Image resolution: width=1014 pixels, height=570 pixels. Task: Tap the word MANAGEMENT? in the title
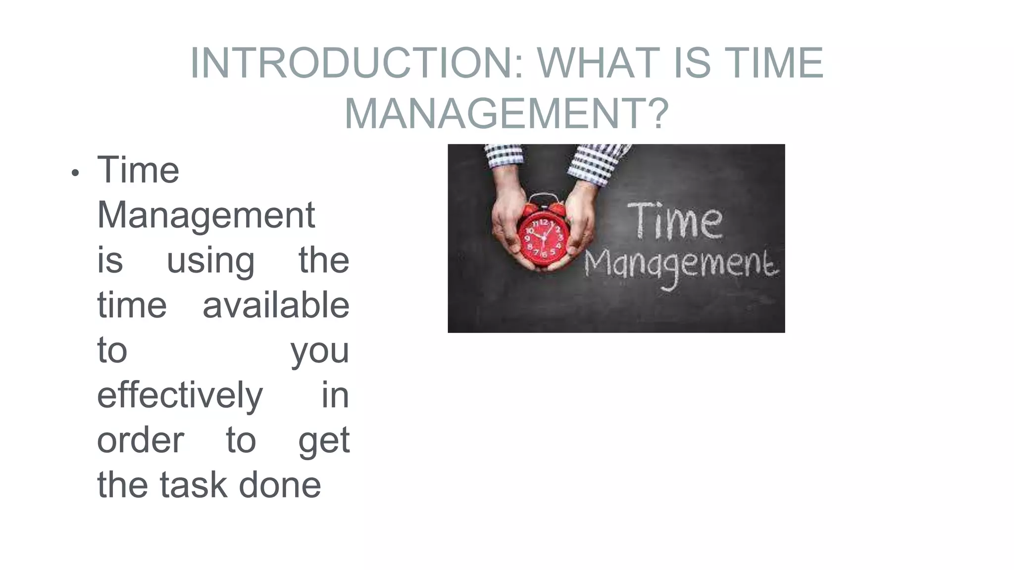(x=507, y=114)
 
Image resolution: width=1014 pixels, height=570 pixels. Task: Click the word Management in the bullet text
(x=206, y=216)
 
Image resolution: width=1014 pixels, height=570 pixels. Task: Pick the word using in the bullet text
(x=210, y=261)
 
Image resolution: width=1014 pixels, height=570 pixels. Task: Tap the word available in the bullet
(x=276, y=305)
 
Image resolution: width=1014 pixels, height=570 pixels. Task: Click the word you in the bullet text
(x=320, y=351)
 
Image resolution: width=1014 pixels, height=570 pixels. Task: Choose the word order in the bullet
(x=141, y=440)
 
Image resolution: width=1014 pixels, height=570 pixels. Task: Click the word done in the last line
(x=280, y=485)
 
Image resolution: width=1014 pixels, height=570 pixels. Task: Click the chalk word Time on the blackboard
(x=676, y=221)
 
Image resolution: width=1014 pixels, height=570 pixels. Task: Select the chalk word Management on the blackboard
(x=681, y=266)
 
